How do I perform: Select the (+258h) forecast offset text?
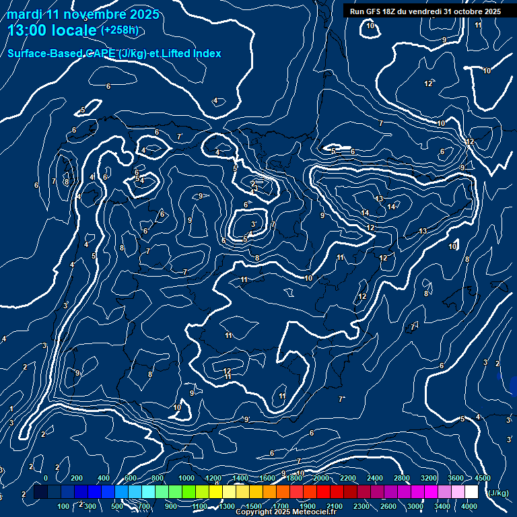(x=119, y=30)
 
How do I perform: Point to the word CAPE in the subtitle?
(x=99, y=54)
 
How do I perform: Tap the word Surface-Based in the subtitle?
(x=42, y=54)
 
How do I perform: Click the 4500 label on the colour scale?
(x=482, y=478)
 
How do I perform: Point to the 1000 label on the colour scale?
(x=186, y=478)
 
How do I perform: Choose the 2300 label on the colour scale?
(x=361, y=506)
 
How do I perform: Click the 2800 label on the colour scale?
(x=402, y=478)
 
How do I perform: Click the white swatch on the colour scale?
(x=471, y=492)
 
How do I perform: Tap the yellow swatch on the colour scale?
(x=215, y=492)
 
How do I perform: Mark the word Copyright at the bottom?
(x=257, y=512)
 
